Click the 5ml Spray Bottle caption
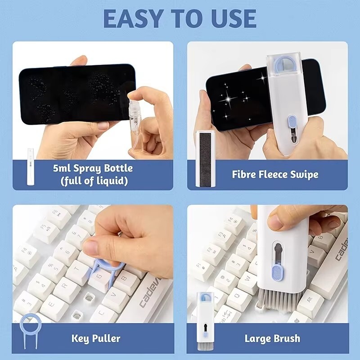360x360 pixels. click(92, 175)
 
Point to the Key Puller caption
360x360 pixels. click(96, 338)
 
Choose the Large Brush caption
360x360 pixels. click(272, 338)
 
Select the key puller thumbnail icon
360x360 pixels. click(31, 331)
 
